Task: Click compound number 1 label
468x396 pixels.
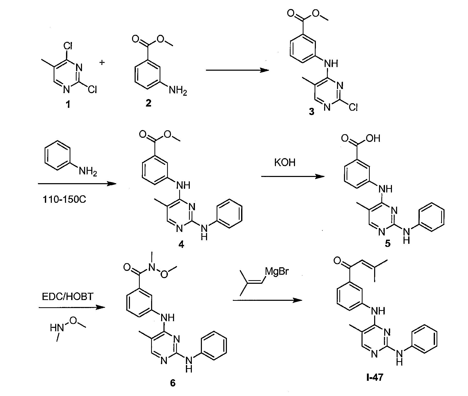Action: pos(68,105)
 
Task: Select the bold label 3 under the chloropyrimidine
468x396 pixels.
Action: pos(311,112)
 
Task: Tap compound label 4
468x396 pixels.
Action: pos(181,244)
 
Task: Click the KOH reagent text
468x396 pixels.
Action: pos(285,163)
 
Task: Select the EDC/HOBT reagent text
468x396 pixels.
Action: pos(68,297)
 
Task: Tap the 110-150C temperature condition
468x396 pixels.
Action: pos(64,199)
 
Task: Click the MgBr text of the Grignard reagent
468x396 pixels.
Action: pos(277,271)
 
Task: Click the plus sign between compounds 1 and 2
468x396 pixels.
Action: pos(102,62)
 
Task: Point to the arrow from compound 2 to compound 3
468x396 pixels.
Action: pos(237,70)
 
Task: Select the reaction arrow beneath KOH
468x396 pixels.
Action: pos(293,176)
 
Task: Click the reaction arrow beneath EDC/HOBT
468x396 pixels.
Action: pos(72,307)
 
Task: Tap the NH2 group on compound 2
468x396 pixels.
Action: pos(178,91)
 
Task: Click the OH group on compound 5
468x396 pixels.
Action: pos(373,139)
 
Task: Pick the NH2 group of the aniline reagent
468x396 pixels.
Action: pos(88,171)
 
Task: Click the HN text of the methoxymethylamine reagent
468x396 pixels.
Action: pos(57,328)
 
